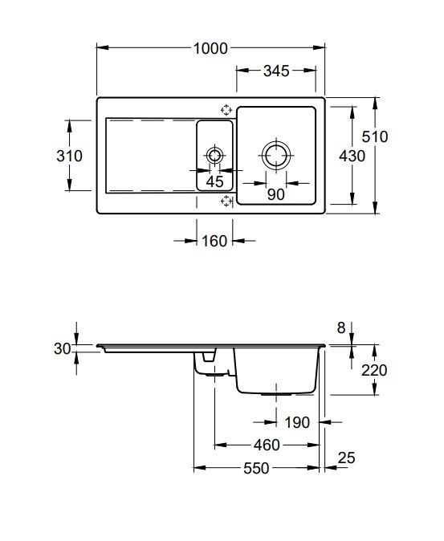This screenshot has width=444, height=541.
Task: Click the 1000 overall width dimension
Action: tap(211, 48)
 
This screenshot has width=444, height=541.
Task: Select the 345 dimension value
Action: tap(275, 71)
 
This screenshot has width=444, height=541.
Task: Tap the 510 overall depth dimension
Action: tap(374, 137)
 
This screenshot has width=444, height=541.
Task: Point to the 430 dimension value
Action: tap(352, 157)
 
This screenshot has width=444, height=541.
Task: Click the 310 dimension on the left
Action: tap(70, 157)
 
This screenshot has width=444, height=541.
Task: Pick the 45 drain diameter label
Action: tap(215, 181)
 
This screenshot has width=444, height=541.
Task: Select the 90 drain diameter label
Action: tap(275, 193)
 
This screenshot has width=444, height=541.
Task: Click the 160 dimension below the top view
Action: tap(215, 240)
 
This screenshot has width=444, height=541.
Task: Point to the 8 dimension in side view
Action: tap(340, 327)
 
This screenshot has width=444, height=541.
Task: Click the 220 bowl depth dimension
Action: tap(374, 370)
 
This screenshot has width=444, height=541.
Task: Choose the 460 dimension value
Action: tap(267, 445)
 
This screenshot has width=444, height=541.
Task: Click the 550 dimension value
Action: tap(256, 468)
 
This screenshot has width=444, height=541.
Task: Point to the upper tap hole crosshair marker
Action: tap(226, 110)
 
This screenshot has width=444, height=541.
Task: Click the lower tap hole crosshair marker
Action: tap(226, 201)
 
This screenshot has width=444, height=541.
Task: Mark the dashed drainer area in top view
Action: tap(149, 156)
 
